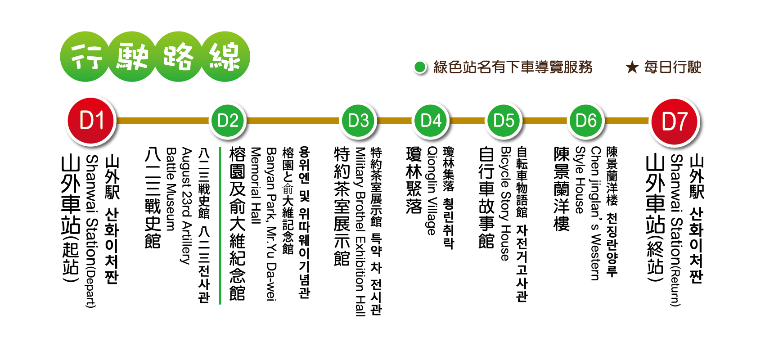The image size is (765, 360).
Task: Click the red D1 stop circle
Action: click(91, 121)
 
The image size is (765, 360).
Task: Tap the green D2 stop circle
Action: click(227, 121)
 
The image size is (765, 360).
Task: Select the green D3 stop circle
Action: click(358, 121)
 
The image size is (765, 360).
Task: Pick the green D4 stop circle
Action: click(431, 121)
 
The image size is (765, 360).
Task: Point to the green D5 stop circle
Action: click(504, 121)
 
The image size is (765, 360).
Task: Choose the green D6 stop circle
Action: click(586, 121)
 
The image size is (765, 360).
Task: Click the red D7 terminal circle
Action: click(675, 121)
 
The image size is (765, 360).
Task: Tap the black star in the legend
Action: click(632, 67)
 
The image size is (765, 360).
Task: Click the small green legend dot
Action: click(420, 67)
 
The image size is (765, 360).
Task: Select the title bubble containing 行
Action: click(85, 57)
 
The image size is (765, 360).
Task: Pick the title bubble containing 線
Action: click(225, 57)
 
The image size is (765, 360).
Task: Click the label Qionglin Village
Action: click(432, 191)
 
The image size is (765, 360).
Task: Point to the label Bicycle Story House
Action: click(505, 204)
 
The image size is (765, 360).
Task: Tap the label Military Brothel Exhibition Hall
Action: click(360, 232)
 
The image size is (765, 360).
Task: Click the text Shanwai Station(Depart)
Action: click(91, 231)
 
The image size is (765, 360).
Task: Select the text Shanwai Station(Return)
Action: click(676, 230)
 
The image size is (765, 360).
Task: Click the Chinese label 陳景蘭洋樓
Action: click(562, 189)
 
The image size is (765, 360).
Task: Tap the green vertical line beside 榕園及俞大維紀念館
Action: click(220, 225)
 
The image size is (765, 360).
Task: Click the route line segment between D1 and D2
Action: click(163, 121)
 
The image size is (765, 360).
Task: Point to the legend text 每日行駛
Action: click(672, 67)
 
